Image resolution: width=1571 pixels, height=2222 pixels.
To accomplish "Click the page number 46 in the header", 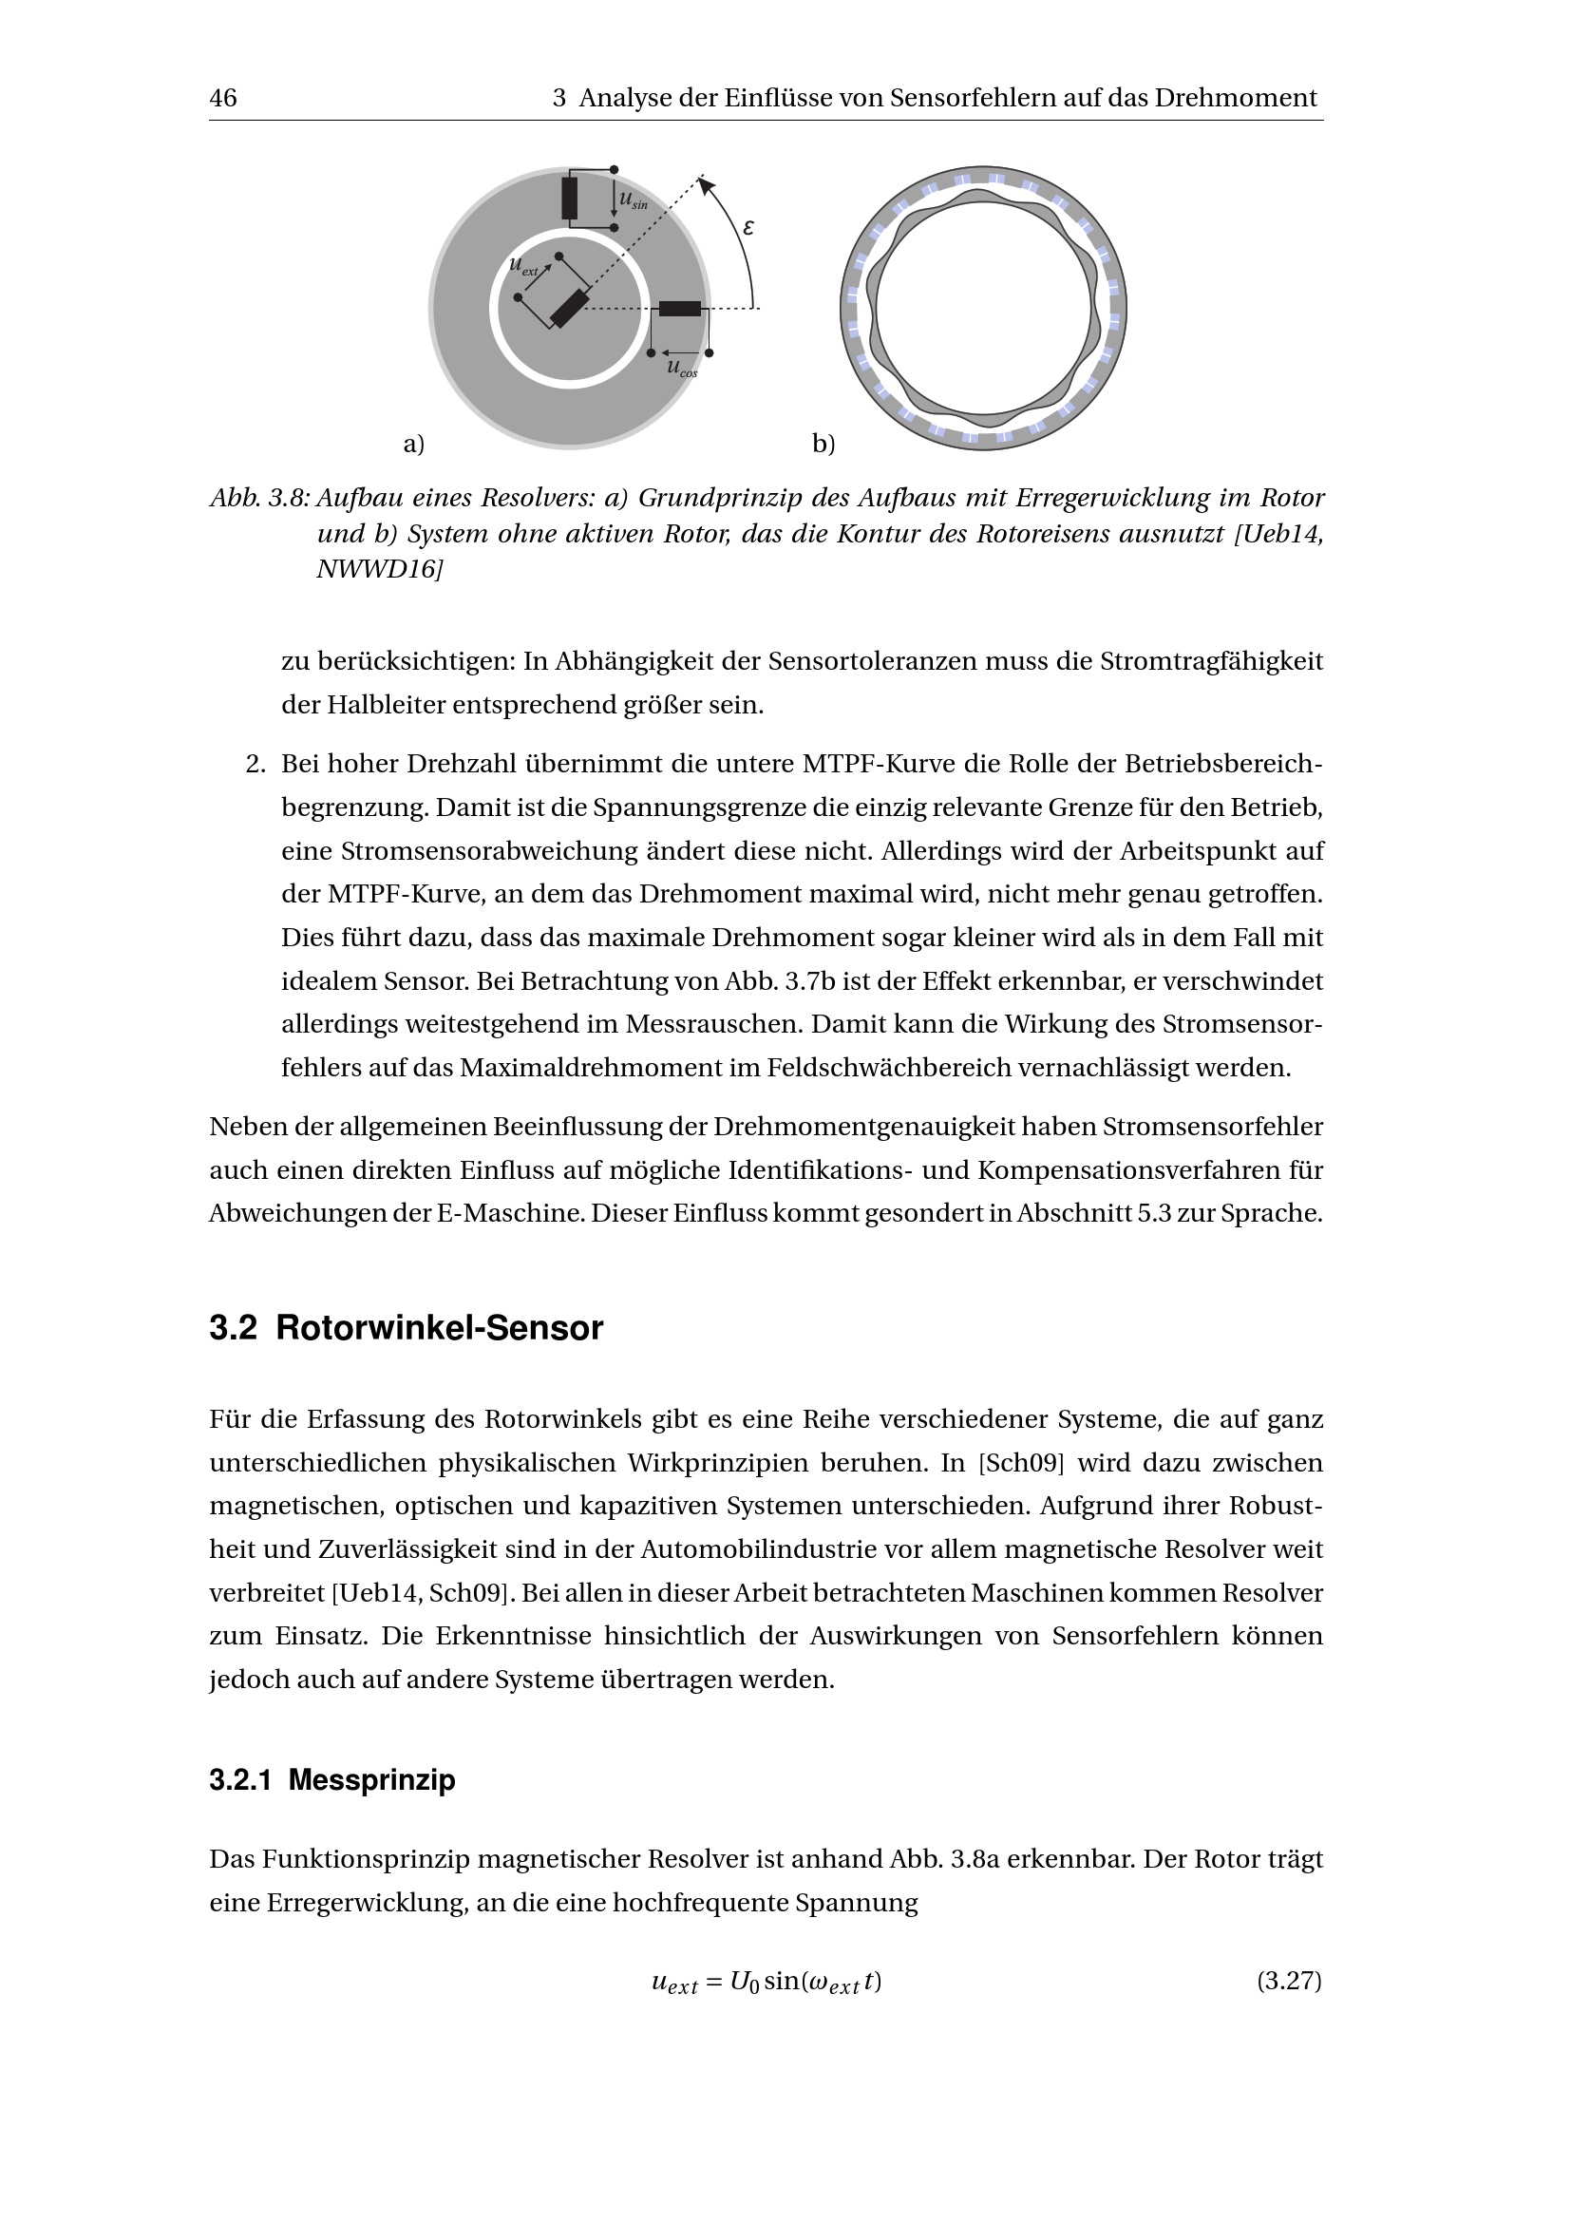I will pyautogui.click(x=222, y=98).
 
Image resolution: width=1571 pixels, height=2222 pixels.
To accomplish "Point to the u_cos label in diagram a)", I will pyautogui.click(x=681, y=368).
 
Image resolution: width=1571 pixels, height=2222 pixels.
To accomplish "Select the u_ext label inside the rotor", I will pyautogui.click(x=523, y=265).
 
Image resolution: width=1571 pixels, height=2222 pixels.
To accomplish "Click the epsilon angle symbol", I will pyautogui.click(x=748, y=228).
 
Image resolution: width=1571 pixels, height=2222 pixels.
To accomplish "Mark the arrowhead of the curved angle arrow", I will pyautogui.click(x=704, y=184).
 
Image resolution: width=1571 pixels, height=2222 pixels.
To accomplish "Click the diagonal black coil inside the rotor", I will pyautogui.click(x=569, y=309).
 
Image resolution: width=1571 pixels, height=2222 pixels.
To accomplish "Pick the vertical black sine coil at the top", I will pyautogui.click(x=570, y=199).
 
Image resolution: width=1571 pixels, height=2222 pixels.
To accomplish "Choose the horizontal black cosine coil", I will pyautogui.click(x=680, y=309).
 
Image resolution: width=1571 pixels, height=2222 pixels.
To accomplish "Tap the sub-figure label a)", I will pyautogui.click(x=414, y=445).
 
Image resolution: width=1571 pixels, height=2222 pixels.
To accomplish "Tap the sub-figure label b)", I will pyautogui.click(x=823, y=445).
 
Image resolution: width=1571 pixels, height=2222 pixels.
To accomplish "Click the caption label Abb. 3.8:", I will pyautogui.click(x=259, y=499).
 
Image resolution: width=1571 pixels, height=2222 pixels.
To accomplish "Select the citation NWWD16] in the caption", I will pyautogui.click(x=379, y=570).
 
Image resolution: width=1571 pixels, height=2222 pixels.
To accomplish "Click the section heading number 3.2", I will pyautogui.click(x=233, y=1328).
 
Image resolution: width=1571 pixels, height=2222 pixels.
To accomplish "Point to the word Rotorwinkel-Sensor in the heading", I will pyautogui.click(x=439, y=1328).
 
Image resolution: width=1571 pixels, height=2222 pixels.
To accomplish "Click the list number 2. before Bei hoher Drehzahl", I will pyautogui.click(x=256, y=765).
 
